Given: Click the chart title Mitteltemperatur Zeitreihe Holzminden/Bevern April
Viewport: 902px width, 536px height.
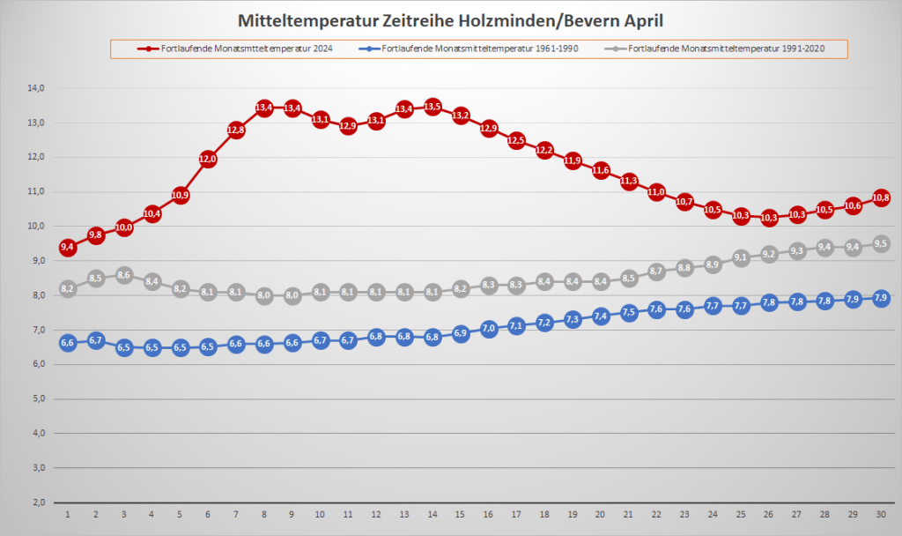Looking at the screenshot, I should (x=450, y=19).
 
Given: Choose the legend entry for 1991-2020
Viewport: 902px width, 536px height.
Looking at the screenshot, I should (x=722, y=48).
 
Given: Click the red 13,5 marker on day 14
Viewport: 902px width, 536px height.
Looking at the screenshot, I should (x=433, y=107).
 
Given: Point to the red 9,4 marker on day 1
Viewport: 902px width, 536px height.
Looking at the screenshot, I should (x=67, y=248).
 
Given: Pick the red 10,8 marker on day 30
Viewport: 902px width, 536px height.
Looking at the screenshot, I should (x=881, y=197).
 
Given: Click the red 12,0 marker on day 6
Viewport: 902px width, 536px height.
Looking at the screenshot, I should (x=208, y=159).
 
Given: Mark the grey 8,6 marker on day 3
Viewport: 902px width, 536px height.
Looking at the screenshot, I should (x=123, y=275).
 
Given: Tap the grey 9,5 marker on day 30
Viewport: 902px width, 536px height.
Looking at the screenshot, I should (x=881, y=244).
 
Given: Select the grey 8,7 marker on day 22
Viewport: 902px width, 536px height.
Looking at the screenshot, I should (x=656, y=272).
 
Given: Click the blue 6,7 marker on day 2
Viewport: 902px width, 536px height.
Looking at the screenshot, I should (x=95, y=340).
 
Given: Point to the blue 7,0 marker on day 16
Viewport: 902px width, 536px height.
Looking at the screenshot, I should (x=489, y=329).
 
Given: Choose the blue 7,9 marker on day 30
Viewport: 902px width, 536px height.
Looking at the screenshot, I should (x=881, y=299).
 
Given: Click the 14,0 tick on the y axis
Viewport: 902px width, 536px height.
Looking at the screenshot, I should (x=36, y=88).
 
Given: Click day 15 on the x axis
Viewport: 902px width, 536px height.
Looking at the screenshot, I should (x=461, y=513).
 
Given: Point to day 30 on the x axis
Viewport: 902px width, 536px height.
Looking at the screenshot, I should (x=881, y=513).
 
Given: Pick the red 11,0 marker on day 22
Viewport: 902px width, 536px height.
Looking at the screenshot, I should (x=656, y=192).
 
